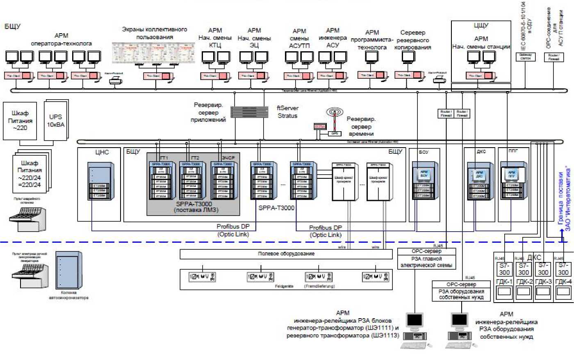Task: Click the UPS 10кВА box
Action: coord(56,121)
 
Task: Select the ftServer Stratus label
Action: coord(287,112)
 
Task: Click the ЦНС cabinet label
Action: coord(102,152)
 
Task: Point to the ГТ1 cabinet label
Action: coord(164,158)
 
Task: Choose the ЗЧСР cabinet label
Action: coord(228,158)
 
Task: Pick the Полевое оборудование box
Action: coord(286,254)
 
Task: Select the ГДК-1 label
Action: coord(504,282)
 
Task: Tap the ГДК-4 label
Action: coord(563,282)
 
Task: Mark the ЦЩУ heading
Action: coord(481,26)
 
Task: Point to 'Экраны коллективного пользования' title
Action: coord(155,33)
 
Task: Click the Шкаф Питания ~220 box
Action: coord(20,121)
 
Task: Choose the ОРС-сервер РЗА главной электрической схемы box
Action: coord(426,258)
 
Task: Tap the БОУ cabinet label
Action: coord(424,152)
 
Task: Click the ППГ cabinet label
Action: coord(513,151)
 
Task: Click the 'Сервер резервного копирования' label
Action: coord(413,40)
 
